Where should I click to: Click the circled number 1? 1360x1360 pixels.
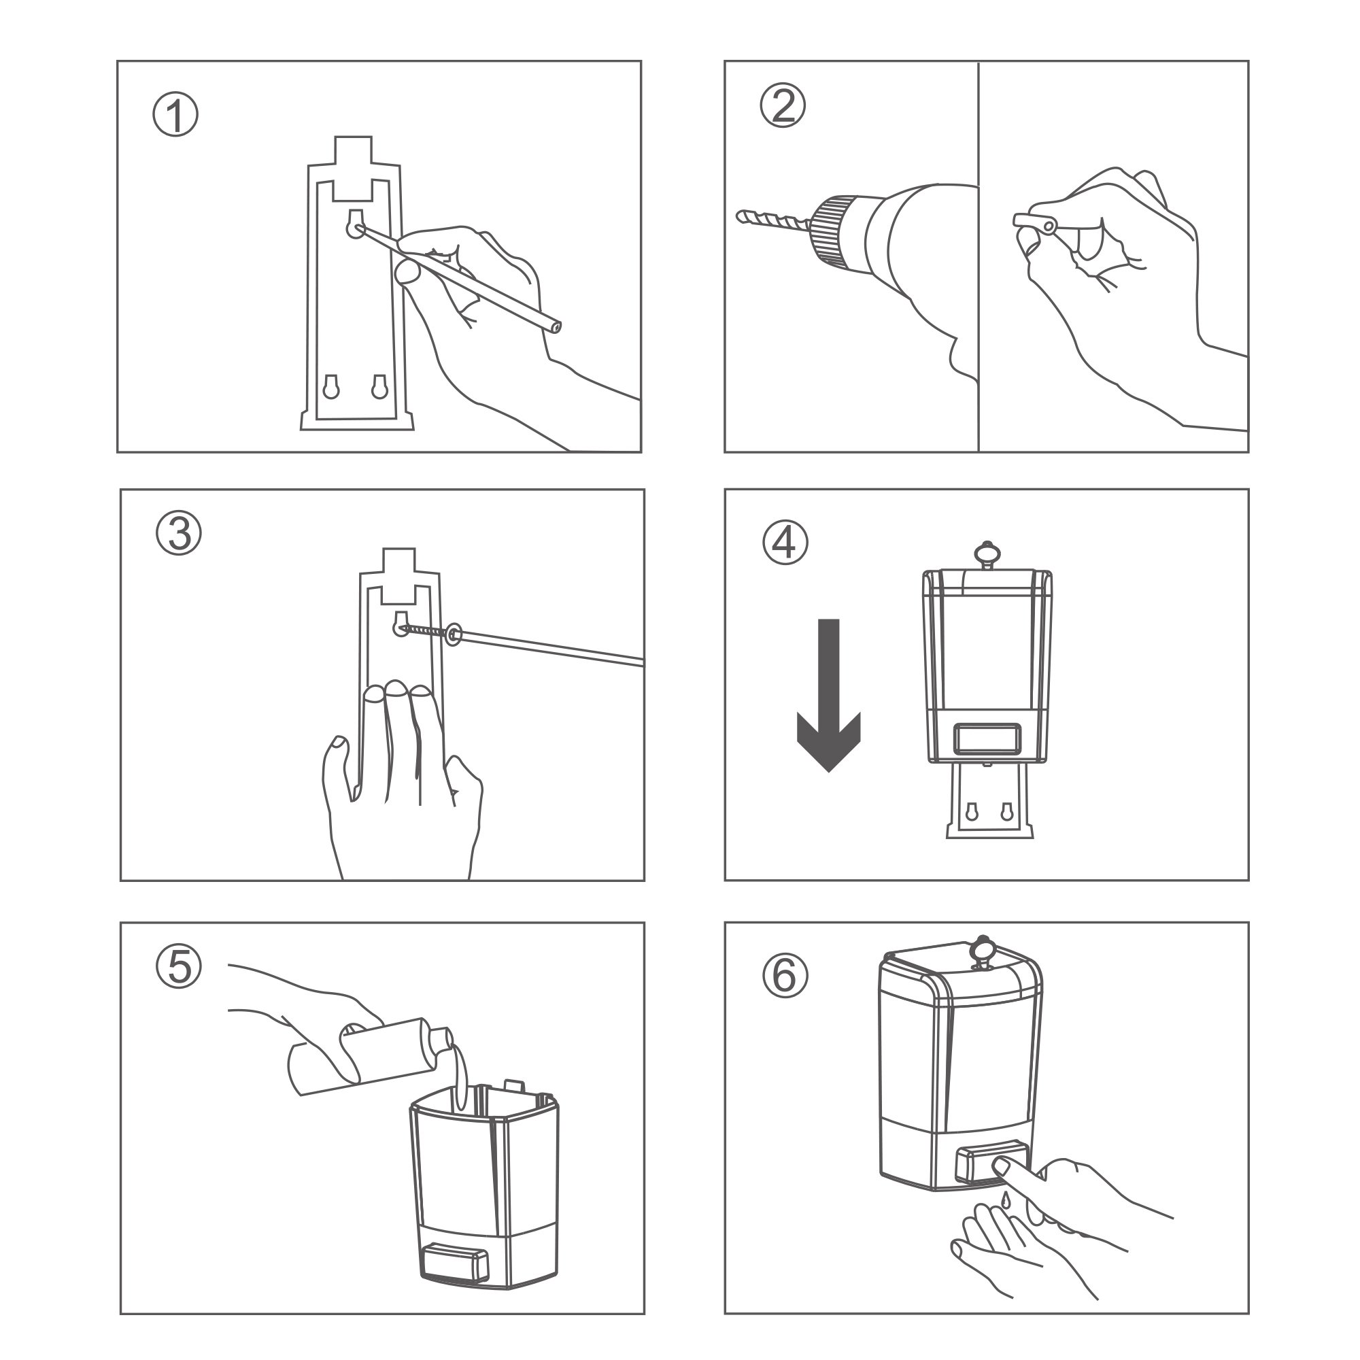coord(175,116)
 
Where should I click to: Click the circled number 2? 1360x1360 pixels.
coord(783,107)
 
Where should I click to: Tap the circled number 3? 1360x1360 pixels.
coord(179,534)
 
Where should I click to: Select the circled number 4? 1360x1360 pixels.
coord(785,543)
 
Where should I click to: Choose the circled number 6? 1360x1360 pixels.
coord(785,976)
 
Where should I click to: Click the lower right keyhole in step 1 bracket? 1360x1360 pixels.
coord(379,387)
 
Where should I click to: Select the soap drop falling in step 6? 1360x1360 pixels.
coord(1006,1196)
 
